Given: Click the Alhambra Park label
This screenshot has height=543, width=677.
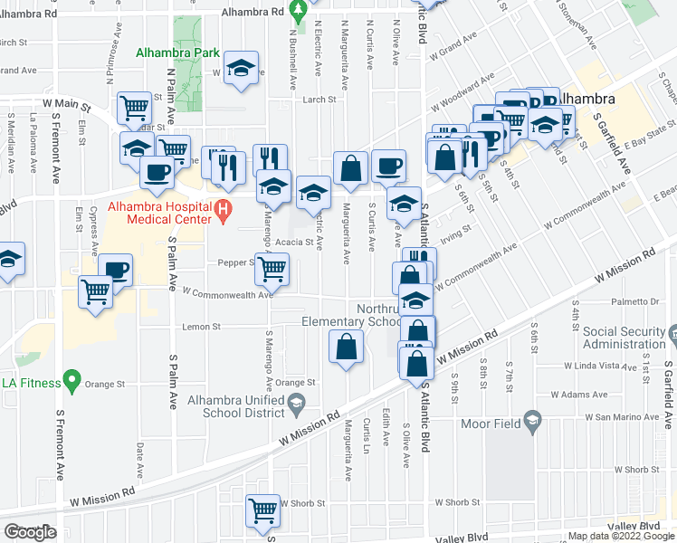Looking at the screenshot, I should click(177, 52).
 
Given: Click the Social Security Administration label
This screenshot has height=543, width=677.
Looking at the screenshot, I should click(625, 338).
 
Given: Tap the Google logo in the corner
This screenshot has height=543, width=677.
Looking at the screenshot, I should click(30, 532).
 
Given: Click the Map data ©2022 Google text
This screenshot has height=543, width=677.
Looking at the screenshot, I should click(621, 536).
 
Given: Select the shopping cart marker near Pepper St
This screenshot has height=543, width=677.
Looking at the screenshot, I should click(272, 268).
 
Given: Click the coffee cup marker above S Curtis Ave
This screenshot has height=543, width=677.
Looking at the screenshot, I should click(388, 165).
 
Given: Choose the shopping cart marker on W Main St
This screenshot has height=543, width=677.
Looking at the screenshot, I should click(134, 108).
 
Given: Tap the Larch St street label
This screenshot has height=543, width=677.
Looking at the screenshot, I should click(319, 100).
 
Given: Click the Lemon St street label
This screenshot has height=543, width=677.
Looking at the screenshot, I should click(201, 327).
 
